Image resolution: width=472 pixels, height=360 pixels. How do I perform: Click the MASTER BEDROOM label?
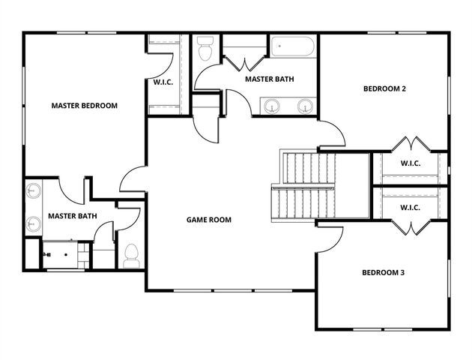point(84,106)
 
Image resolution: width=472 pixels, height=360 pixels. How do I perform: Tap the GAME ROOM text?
point(208,220)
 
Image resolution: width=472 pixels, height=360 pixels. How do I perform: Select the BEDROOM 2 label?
point(384,88)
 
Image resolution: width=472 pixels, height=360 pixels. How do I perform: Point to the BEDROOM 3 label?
point(383,272)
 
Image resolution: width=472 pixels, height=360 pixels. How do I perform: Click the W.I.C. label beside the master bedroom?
point(163,82)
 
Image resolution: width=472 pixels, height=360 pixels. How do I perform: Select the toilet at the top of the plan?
point(205,50)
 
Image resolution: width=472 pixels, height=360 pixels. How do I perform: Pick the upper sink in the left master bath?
point(33,193)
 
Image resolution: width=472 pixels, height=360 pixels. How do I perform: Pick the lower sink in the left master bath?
point(33,223)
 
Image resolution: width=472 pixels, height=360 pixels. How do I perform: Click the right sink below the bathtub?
point(305,106)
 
